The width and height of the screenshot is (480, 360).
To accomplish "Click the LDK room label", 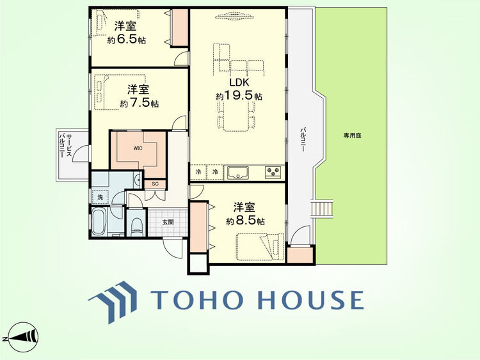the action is click(239, 82).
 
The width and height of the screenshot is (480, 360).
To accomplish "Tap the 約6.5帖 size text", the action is click(127, 40).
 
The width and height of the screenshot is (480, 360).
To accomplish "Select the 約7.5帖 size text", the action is click(140, 103).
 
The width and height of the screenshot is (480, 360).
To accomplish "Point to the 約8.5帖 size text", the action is click(246, 221).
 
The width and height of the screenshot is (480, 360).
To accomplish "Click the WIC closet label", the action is click(138, 148).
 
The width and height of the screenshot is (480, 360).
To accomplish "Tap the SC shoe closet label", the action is click(156, 184).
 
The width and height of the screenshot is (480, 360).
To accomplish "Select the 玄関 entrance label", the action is click(168, 222).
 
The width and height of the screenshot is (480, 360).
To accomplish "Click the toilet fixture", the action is click(136, 226).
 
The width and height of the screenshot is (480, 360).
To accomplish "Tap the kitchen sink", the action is click(238, 173).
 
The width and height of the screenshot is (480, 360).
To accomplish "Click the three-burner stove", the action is click(273, 173).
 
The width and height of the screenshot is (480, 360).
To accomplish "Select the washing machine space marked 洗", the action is click(100, 198).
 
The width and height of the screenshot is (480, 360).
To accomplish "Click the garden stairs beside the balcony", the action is click(322, 208).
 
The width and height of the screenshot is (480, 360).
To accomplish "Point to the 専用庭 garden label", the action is click(352, 135).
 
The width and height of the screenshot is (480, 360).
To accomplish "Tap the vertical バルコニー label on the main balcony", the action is click(303, 140).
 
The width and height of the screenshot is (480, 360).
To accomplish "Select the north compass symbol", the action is click(22, 338).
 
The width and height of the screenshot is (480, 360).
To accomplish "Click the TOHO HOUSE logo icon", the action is click(113, 302).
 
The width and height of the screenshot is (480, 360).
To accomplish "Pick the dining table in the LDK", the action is click(236, 116).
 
